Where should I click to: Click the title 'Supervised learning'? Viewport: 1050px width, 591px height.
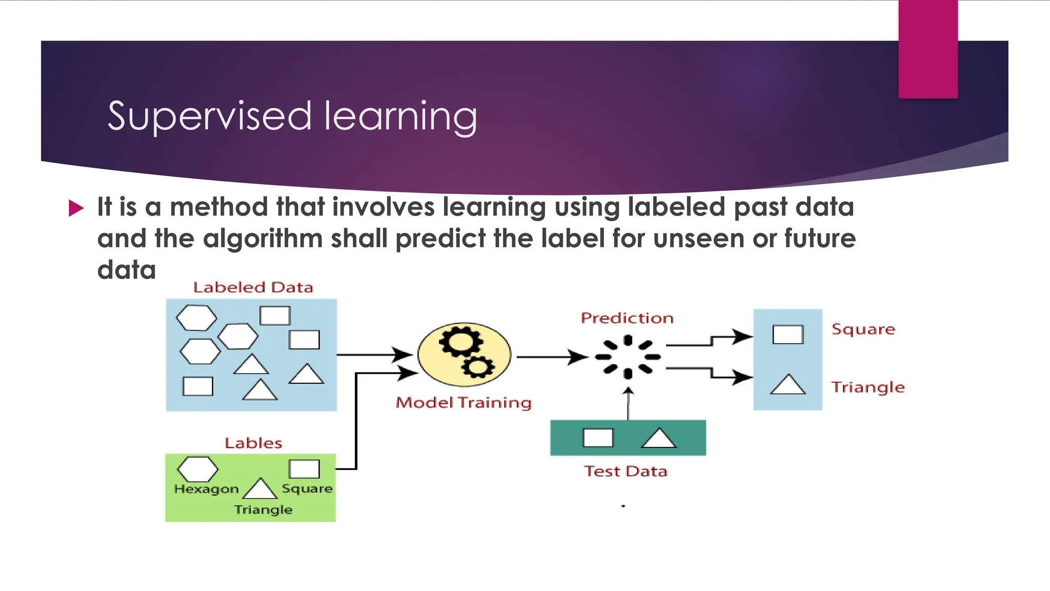(x=292, y=116)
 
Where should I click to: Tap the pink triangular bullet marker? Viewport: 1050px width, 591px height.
(x=76, y=208)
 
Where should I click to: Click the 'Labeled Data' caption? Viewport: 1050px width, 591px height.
(x=253, y=287)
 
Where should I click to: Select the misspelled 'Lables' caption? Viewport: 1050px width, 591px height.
(x=253, y=443)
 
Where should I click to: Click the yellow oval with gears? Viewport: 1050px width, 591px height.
(x=465, y=354)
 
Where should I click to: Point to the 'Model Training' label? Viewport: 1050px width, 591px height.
(x=463, y=403)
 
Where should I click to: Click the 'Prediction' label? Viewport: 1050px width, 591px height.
(x=627, y=318)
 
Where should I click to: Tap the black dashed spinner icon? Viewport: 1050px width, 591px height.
(x=628, y=357)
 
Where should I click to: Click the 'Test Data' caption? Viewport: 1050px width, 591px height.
(x=626, y=471)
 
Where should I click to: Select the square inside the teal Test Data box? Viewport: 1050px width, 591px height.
(x=598, y=438)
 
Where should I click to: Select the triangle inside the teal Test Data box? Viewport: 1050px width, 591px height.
(x=659, y=439)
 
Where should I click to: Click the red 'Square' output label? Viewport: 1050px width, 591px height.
(x=863, y=329)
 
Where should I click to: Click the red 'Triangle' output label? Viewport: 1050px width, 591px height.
(x=868, y=387)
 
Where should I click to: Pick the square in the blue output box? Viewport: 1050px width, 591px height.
(x=788, y=334)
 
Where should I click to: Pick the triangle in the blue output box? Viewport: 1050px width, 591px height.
(x=788, y=385)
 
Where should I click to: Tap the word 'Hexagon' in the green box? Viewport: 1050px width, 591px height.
(x=207, y=489)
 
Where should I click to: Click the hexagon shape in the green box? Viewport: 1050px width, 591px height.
(x=197, y=469)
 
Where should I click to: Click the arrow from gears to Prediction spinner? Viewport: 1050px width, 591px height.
(x=552, y=357)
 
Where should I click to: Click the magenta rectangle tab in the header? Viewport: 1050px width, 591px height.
(x=928, y=49)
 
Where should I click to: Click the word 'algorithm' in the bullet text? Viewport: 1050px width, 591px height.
(x=262, y=239)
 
